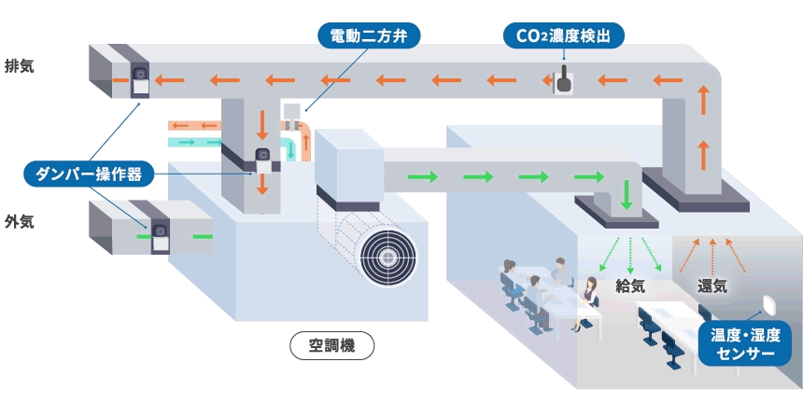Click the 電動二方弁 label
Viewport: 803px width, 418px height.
(x=369, y=36)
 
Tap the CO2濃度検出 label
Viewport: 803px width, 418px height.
(x=563, y=36)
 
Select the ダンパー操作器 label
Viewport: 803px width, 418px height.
(x=83, y=174)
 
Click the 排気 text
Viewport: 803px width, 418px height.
(x=20, y=66)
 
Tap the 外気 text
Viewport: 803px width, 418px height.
(x=20, y=221)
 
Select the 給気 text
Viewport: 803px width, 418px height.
(x=631, y=284)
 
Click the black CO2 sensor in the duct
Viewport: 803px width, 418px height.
(x=564, y=81)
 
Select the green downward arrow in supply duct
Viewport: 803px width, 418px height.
(x=627, y=192)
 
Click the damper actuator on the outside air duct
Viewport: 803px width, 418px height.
(x=160, y=235)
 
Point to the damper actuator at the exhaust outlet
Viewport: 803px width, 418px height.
(x=140, y=79)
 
